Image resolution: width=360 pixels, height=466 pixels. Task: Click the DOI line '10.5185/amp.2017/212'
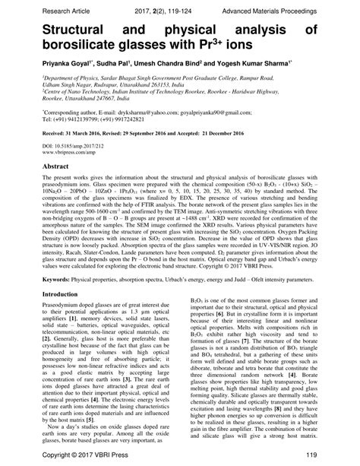pyautogui.click(x=73, y=143)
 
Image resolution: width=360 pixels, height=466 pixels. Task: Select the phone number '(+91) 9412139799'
pyautogui.click(x=79, y=119)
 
